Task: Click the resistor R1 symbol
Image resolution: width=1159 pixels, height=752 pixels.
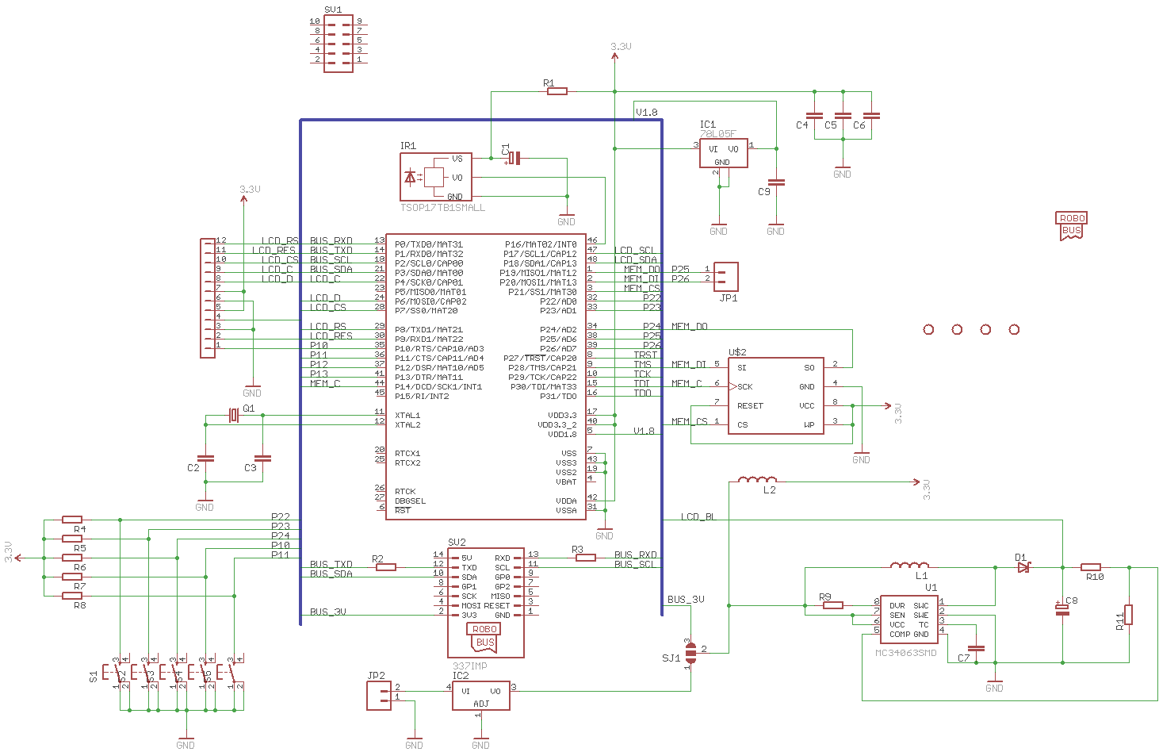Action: (x=557, y=91)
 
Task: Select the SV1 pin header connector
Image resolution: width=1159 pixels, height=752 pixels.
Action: (x=339, y=44)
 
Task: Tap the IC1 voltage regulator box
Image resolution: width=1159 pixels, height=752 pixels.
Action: (x=723, y=153)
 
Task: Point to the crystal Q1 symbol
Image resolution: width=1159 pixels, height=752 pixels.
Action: (x=233, y=415)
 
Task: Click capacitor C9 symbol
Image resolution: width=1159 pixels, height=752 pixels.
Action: (x=776, y=182)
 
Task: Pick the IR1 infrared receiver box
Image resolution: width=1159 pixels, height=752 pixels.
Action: (x=435, y=177)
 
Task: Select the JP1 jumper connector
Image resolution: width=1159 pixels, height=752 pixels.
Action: (x=726, y=276)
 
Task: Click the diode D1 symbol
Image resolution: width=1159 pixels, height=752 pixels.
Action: (x=1023, y=567)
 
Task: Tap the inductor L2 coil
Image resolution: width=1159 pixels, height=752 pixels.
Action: (x=757, y=480)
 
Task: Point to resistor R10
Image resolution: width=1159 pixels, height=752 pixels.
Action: (x=1091, y=567)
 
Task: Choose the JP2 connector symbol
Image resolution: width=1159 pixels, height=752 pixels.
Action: (x=378, y=696)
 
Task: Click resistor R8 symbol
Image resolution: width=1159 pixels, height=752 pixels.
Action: (x=71, y=596)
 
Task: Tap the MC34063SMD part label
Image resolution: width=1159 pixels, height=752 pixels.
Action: (x=905, y=653)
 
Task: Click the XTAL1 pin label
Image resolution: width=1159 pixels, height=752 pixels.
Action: (x=407, y=415)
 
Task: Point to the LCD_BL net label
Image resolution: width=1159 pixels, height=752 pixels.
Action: (x=698, y=516)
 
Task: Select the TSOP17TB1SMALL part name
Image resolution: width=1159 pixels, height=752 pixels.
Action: (x=442, y=208)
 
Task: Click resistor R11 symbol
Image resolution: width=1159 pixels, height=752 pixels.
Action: (x=1128, y=615)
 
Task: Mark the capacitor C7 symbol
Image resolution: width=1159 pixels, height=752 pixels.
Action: (x=976, y=649)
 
